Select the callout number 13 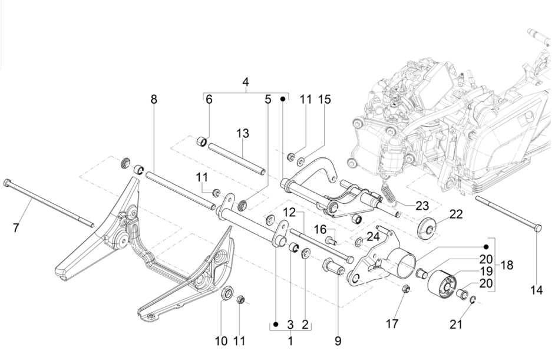click(243, 134)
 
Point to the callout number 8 click(154, 100)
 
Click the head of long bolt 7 click(6, 182)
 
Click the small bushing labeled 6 click(201, 141)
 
